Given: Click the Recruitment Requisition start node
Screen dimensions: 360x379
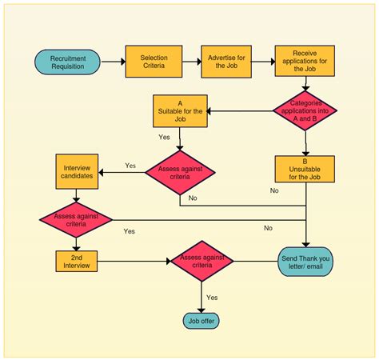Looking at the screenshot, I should (x=68, y=62).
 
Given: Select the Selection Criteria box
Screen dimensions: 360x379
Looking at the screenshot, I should (x=154, y=62).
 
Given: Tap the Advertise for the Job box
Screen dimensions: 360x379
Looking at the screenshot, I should (x=227, y=62).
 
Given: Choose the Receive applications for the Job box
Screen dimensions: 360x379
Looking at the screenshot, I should (x=304, y=61).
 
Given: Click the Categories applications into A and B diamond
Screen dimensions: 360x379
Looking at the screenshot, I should (x=305, y=110).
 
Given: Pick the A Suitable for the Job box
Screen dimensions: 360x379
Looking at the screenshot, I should (x=181, y=110).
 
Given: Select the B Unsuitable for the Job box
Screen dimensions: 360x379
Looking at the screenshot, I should (x=305, y=170).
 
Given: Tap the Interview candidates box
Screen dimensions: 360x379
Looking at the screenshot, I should (x=78, y=170).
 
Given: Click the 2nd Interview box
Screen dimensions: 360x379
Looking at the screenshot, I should (x=78, y=261).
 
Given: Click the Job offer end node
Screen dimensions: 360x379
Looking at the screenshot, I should (x=201, y=322).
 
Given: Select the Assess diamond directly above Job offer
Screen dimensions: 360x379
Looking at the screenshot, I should (x=201, y=261).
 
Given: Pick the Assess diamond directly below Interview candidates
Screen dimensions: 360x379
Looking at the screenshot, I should (x=78, y=218).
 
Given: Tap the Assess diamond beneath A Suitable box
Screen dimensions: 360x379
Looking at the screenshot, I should (x=181, y=170).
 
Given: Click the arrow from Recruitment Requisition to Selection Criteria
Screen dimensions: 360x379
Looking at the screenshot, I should (x=113, y=62).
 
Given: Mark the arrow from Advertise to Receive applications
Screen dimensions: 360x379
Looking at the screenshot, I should (x=263, y=62).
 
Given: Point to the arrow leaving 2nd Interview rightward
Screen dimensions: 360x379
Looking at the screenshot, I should (x=136, y=261).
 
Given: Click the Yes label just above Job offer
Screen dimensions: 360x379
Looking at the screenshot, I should (x=212, y=297).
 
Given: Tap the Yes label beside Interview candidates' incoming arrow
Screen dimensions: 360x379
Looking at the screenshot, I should (x=130, y=166).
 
